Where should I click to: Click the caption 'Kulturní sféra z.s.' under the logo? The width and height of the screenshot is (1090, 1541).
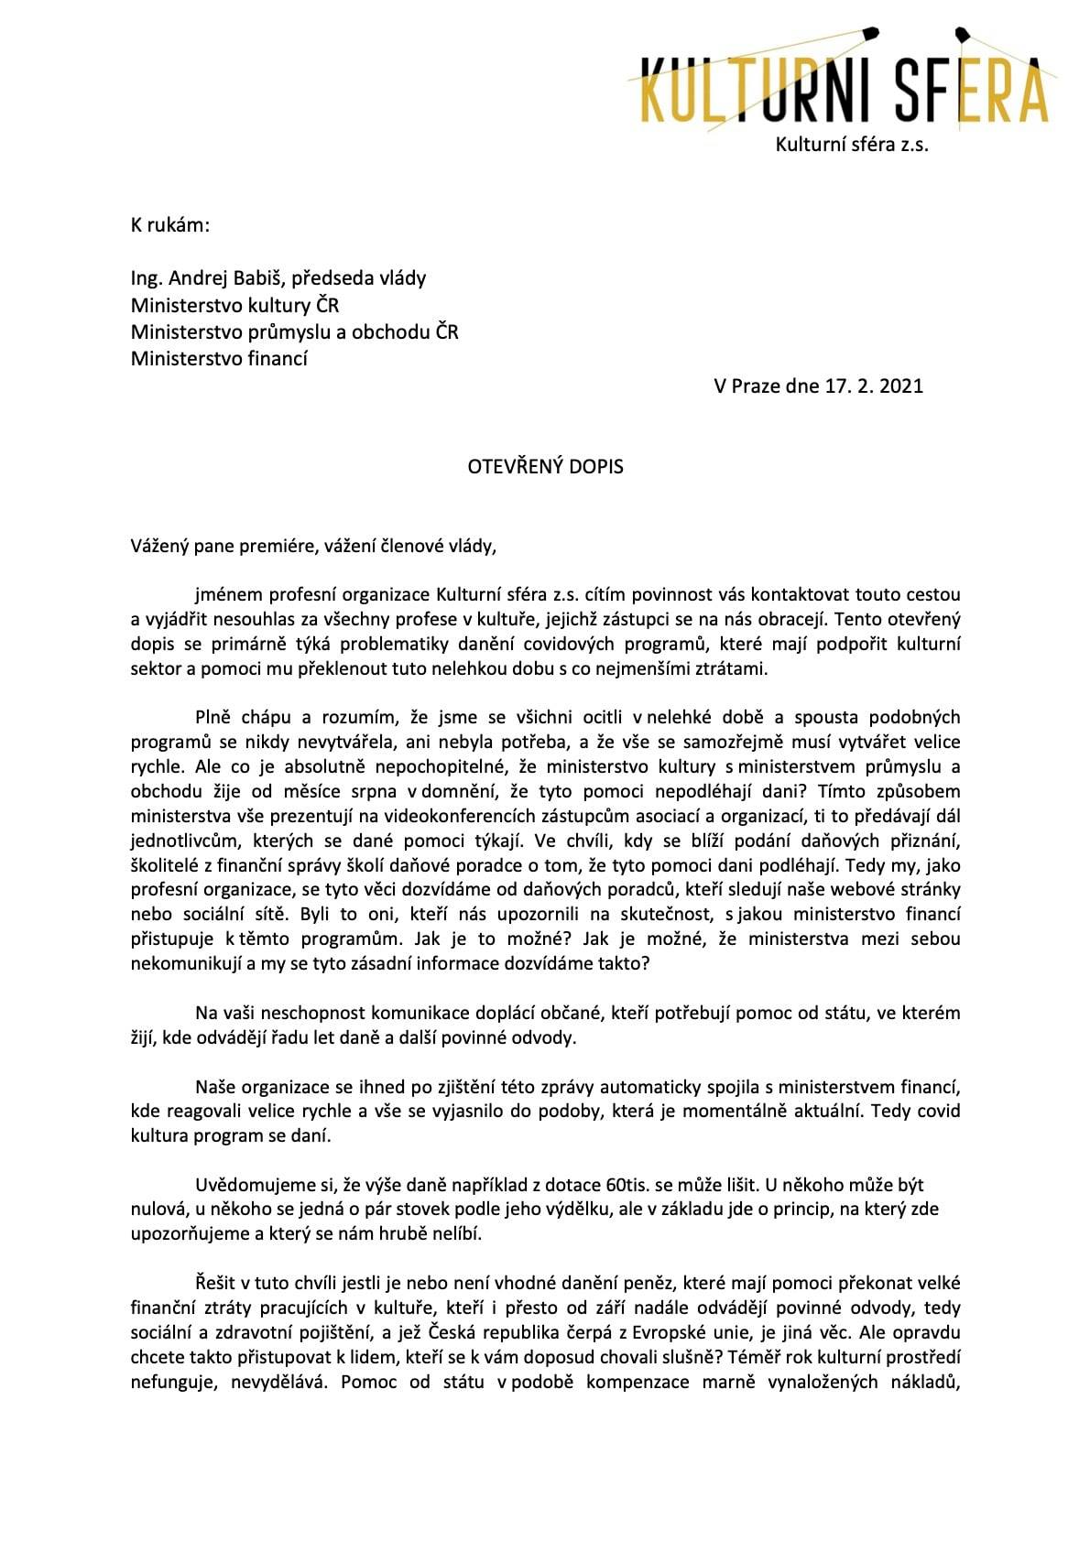tap(851, 145)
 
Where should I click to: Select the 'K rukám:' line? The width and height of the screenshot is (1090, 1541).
tap(170, 225)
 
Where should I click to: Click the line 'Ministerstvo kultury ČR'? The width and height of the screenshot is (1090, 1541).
tap(235, 305)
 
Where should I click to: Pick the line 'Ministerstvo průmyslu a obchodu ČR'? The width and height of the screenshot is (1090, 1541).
tap(294, 331)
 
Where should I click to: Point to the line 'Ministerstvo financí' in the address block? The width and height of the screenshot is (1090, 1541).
tap(219, 358)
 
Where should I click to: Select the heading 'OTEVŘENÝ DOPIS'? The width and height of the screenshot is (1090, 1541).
tap(545, 467)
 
